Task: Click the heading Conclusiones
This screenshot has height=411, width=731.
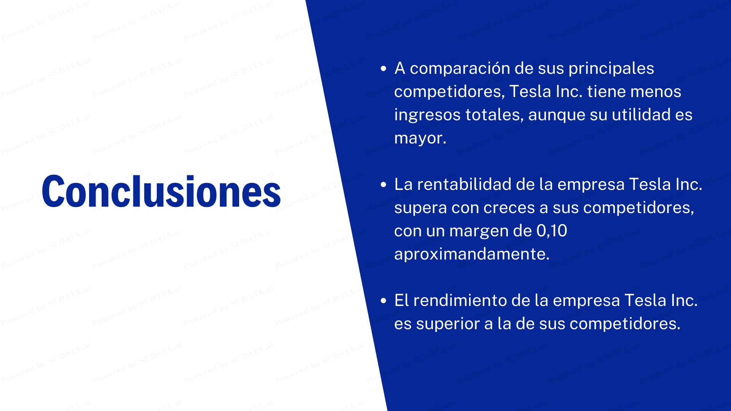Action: pos(161,191)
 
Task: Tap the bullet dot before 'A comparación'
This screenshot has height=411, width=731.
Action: pos(383,68)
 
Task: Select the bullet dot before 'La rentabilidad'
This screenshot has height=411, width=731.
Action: pos(383,185)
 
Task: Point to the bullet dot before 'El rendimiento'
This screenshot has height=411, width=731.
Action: pos(383,301)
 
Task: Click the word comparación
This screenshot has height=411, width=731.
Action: pos(460,68)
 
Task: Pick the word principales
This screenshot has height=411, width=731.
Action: pos(611,68)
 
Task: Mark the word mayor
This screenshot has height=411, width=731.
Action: pos(420,138)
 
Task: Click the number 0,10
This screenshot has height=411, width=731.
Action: pos(552,231)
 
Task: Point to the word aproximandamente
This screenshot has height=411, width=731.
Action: pos(472,254)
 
